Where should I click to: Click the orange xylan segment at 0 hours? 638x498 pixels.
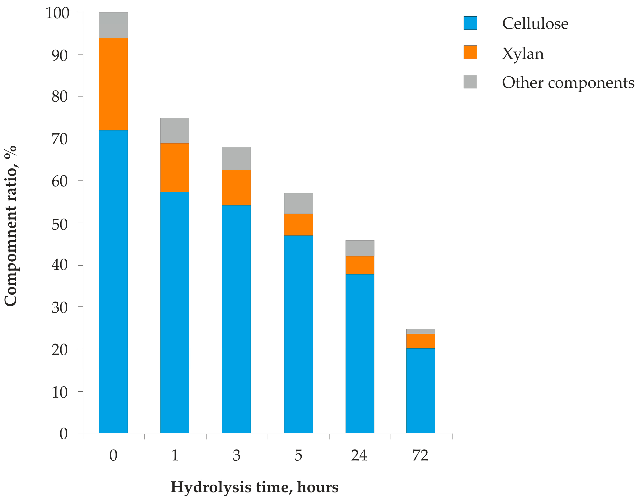[x=113, y=84]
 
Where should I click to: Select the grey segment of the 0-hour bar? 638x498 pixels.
[x=113, y=25]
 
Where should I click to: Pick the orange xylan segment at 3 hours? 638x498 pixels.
[x=236, y=187]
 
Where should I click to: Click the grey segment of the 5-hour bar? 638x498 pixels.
[x=298, y=203]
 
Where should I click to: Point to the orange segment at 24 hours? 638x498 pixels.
[x=360, y=265]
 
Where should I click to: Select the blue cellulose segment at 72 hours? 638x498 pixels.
[x=420, y=391]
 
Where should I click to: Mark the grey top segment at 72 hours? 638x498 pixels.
[x=420, y=331]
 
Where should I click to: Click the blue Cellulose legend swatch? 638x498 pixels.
[x=470, y=23]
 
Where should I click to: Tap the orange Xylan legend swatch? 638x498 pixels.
[x=470, y=52]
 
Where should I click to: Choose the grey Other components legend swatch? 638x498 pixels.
[x=470, y=82]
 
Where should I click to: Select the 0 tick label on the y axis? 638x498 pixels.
[x=64, y=434]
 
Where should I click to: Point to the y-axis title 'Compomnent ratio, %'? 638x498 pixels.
[x=11, y=226]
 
